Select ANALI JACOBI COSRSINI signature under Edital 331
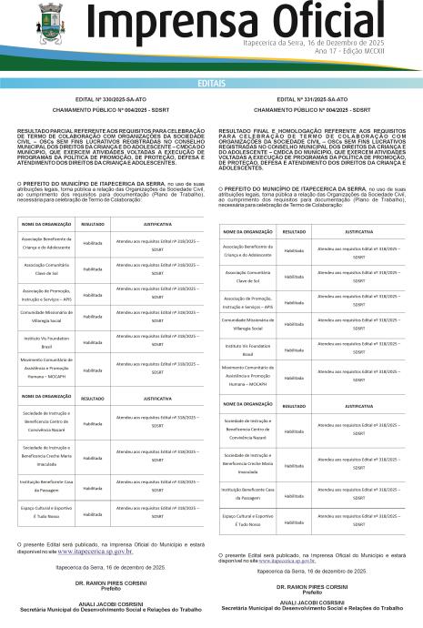click(x=315, y=603)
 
